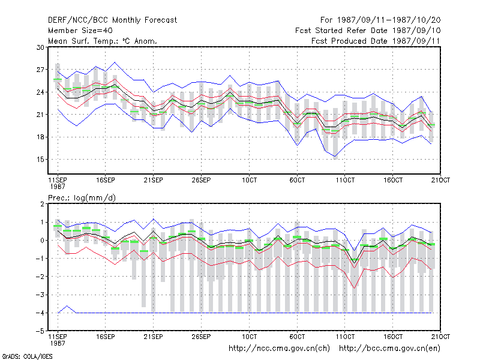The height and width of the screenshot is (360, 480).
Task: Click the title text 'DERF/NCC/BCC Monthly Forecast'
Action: click(x=112, y=20)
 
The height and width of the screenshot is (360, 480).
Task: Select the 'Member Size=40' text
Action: click(x=80, y=31)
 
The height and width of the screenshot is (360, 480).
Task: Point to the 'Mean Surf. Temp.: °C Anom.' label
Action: click(x=103, y=41)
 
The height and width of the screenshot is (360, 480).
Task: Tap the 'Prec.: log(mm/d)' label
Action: click(x=82, y=198)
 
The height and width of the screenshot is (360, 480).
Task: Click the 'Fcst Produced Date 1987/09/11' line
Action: click(x=376, y=41)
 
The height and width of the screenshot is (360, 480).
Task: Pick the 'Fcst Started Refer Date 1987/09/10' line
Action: click(x=368, y=31)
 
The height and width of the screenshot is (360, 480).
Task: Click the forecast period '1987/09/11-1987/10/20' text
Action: click(x=389, y=20)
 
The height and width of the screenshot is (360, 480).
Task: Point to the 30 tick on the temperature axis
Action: click(x=40, y=47)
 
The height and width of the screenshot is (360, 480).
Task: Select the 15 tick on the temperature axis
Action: click(x=40, y=160)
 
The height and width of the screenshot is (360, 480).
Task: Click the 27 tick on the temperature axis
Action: click(x=40, y=70)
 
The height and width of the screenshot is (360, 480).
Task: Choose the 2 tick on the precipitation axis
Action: click(x=42, y=204)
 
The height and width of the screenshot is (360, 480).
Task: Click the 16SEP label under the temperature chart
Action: click(x=106, y=181)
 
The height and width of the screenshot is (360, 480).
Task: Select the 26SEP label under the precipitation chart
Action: click(x=201, y=337)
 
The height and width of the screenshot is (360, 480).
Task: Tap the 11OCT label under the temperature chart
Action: click(x=345, y=181)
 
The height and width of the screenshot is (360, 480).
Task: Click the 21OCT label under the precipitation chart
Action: click(x=440, y=337)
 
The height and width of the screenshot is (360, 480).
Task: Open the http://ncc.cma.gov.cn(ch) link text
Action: click(x=279, y=349)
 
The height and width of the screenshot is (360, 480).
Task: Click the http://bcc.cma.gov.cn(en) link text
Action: click(x=389, y=349)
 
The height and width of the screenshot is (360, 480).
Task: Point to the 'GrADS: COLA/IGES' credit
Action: click(x=27, y=356)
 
